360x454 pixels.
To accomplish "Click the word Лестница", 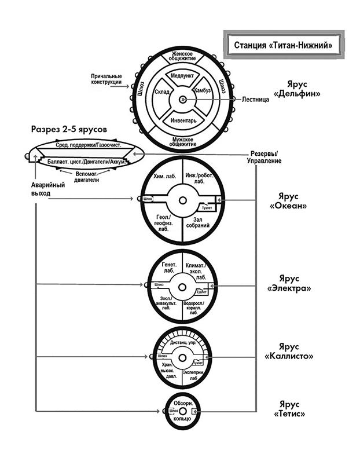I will point(255,100).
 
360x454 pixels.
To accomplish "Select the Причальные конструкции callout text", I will point(106,79).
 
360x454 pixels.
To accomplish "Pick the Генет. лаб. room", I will point(163,267).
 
